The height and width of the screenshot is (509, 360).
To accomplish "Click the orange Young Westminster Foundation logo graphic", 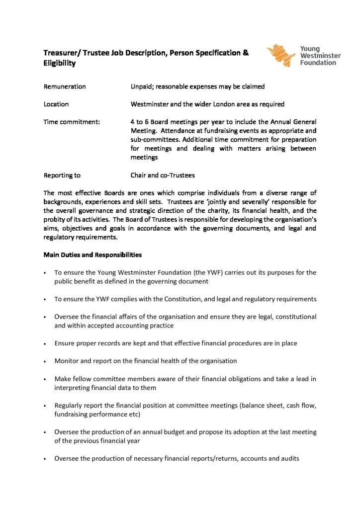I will point(281,55).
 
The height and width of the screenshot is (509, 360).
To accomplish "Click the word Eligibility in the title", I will point(59,64).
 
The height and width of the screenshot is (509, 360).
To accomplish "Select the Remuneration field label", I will point(65,86).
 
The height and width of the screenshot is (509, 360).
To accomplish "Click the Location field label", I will point(56,104).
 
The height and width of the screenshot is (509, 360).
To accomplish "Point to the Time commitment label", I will point(68,122).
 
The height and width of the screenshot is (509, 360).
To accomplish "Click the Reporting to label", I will point(62,175).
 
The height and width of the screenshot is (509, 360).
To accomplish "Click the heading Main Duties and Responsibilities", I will point(92,255).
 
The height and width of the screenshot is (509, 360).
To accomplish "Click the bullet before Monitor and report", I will point(45,361).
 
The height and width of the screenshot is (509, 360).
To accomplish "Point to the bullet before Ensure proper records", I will point(45,343).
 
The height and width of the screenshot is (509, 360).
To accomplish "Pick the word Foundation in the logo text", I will point(318,63).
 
